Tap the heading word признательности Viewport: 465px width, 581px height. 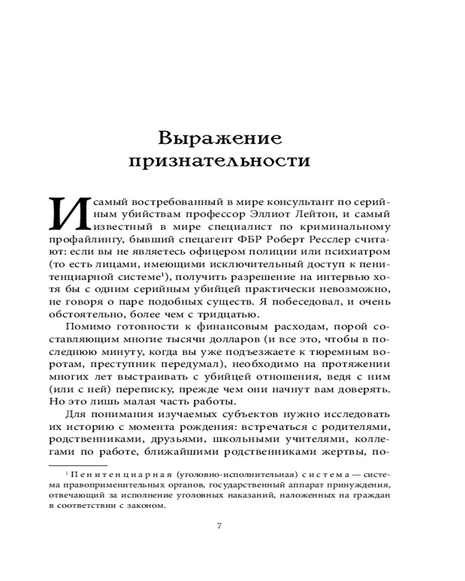(220, 162)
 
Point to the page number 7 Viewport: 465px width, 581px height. (219, 526)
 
